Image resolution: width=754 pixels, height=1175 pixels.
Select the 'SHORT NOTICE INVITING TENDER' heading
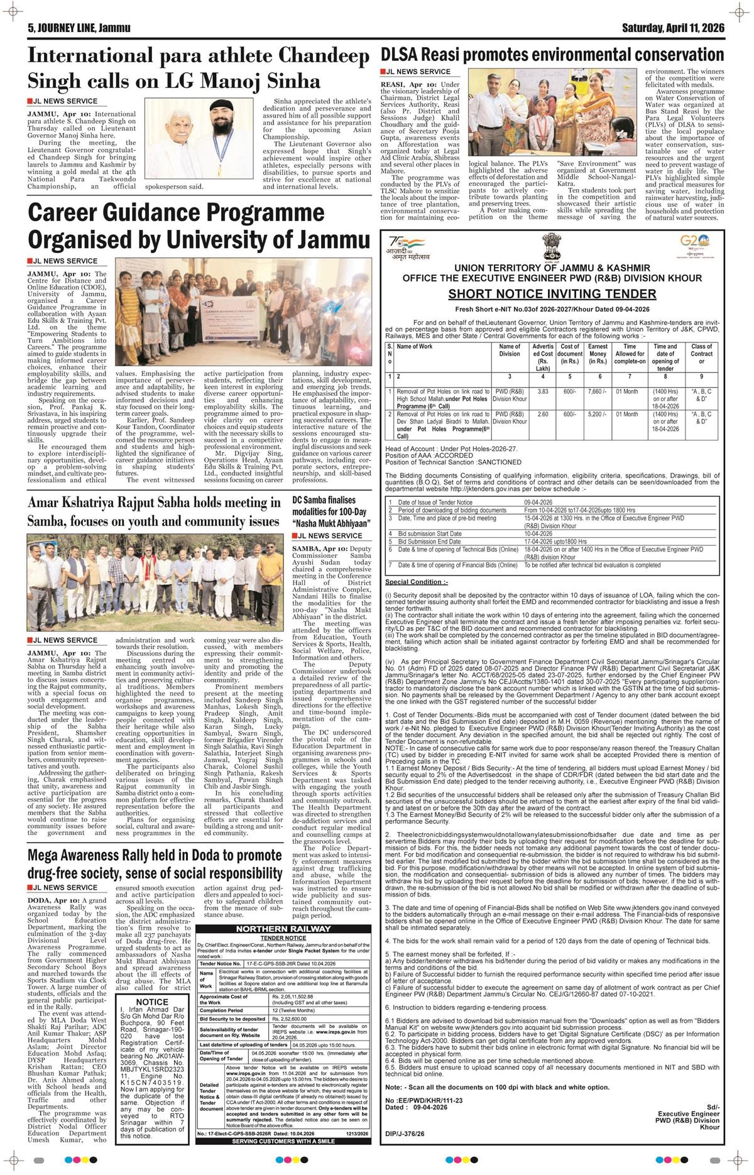552,294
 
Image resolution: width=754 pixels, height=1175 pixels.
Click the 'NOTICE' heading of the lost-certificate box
152,1002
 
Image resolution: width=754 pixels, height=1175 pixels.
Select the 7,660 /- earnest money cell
598,391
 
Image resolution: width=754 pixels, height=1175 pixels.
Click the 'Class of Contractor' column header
701,354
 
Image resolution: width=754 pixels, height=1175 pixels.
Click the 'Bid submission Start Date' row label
429,533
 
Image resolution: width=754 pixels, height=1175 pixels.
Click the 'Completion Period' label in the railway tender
222,1010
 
